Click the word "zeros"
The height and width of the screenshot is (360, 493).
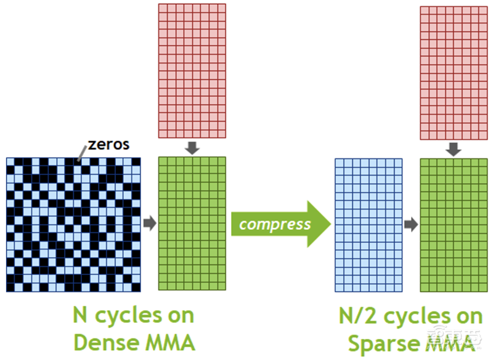(108, 145)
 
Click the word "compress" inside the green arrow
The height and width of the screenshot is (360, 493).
(275, 223)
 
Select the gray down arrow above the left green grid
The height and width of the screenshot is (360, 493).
(192, 148)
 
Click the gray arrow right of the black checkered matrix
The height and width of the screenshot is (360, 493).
(150, 223)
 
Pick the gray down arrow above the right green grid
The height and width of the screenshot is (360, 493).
(454, 149)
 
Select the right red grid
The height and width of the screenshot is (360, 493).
(454, 73)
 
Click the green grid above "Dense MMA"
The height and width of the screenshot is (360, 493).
(192, 223)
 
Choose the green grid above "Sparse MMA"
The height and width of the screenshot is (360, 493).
(454, 224)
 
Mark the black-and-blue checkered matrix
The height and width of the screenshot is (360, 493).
(73, 223)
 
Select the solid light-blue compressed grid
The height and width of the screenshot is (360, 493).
(369, 224)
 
